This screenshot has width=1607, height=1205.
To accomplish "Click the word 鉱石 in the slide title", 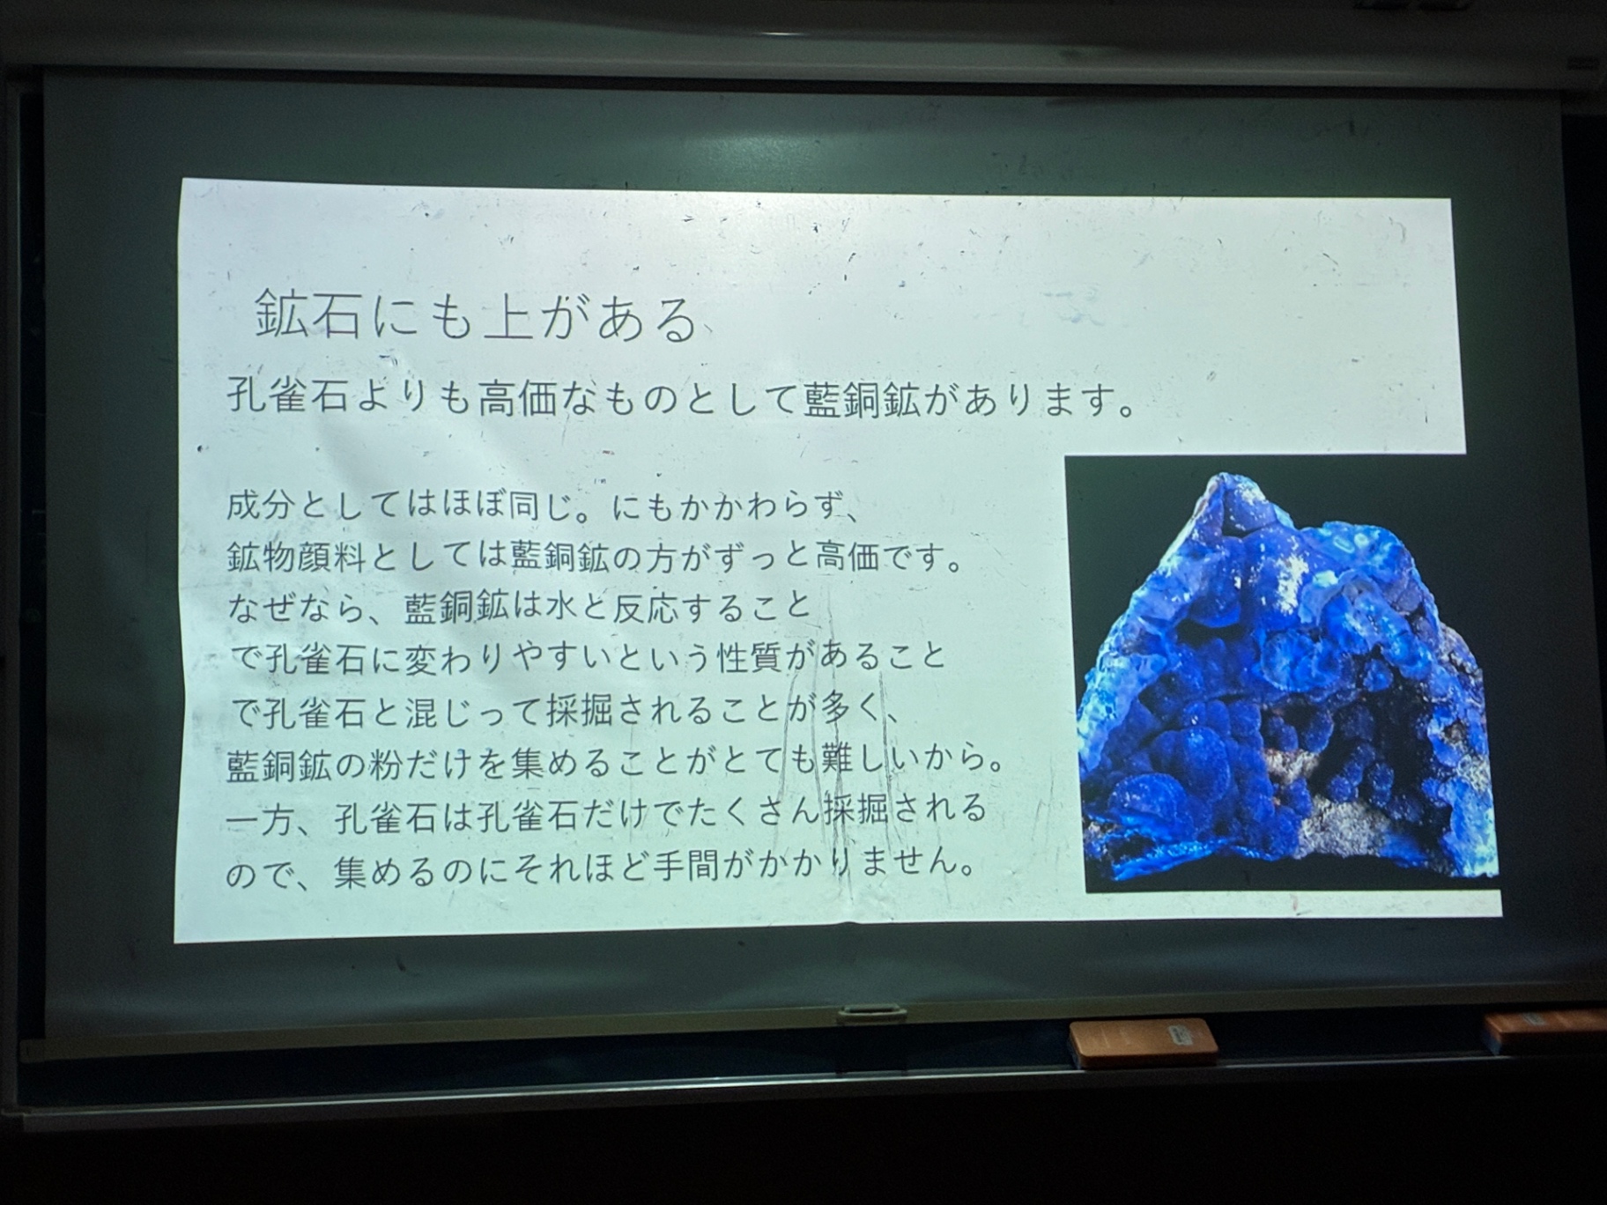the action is click(x=308, y=314).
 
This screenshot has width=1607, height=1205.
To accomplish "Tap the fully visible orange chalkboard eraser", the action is click(x=1143, y=1043).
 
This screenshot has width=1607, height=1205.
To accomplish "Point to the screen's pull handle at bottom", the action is click(x=871, y=1014).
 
